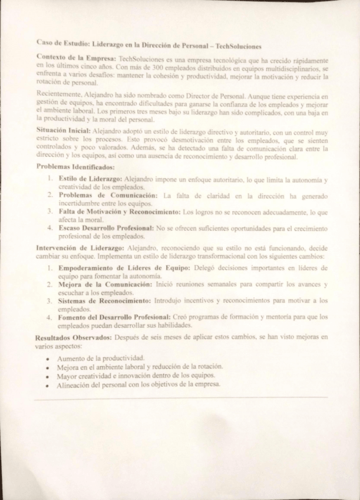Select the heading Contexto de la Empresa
pyautogui.click(x=75, y=59)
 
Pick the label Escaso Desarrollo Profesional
pyautogui.click(x=106, y=226)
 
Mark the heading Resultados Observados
pyautogui.click(x=73, y=338)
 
